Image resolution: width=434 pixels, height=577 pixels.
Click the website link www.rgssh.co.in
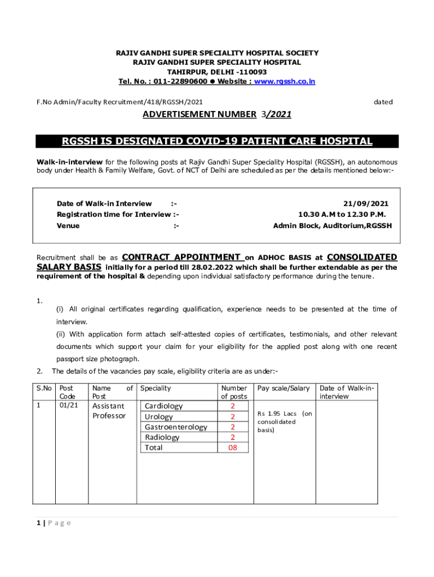tap(285, 82)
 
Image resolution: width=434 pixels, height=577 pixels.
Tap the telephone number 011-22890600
tap(175, 82)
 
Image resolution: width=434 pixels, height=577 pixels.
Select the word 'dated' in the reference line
tap(383, 102)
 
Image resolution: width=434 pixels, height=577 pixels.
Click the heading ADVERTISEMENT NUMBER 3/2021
tap(217, 114)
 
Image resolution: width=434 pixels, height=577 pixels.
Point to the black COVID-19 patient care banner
tap(217, 141)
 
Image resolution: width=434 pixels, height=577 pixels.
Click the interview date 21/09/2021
tap(366, 203)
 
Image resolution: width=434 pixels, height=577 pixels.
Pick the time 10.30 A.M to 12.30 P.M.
tap(342, 215)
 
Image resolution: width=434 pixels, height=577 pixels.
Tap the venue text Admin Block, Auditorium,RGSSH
tap(333, 226)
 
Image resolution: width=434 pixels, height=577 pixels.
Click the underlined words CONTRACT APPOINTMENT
tap(181, 258)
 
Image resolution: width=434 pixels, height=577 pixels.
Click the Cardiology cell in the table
tap(164, 406)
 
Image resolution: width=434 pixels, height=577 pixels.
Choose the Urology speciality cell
tap(159, 417)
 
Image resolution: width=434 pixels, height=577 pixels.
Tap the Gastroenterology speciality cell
tap(176, 427)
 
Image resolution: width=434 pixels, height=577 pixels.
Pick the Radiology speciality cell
tap(162, 437)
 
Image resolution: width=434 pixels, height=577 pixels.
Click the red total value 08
tap(233, 448)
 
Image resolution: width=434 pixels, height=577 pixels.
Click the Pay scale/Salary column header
tap(284, 388)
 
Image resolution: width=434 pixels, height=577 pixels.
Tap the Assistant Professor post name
tap(109, 411)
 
